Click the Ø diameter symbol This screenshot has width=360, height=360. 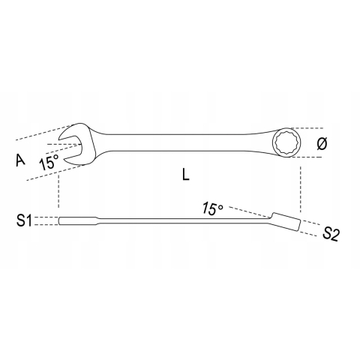321,144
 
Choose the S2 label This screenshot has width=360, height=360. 331,234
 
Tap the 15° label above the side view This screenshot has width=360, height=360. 211,208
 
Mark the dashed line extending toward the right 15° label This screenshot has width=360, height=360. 247,211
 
